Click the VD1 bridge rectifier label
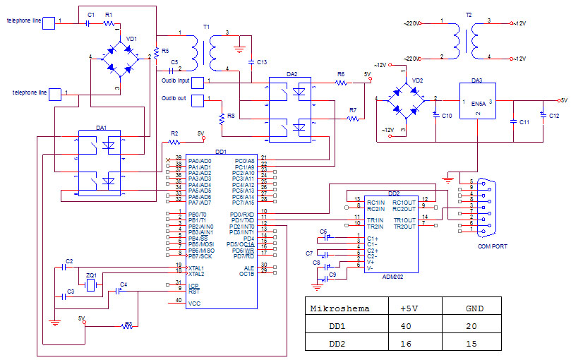[x=131, y=39]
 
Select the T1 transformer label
[x=206, y=26]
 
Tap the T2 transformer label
[x=469, y=15]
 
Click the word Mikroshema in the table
[x=339, y=308]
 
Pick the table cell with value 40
[x=407, y=327]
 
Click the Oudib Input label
[x=172, y=80]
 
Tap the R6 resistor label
[x=341, y=74]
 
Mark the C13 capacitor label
[x=262, y=63]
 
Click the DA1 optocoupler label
[x=102, y=128]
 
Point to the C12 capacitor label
[x=554, y=115]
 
